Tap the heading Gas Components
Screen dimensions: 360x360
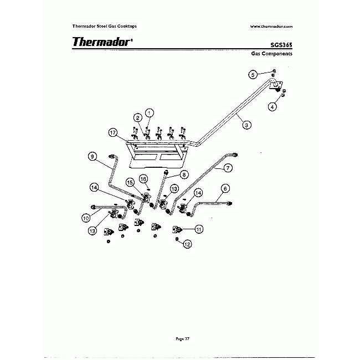271,55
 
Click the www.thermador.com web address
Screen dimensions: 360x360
271,26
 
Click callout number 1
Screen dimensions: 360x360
149,112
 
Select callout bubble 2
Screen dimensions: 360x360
137,117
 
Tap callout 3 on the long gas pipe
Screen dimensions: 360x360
246,125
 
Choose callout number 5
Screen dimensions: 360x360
253,74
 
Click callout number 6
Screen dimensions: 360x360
224,188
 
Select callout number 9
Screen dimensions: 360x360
93,157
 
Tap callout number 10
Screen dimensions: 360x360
86,218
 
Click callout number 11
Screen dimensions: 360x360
198,228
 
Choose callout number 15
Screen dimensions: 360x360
130,182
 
